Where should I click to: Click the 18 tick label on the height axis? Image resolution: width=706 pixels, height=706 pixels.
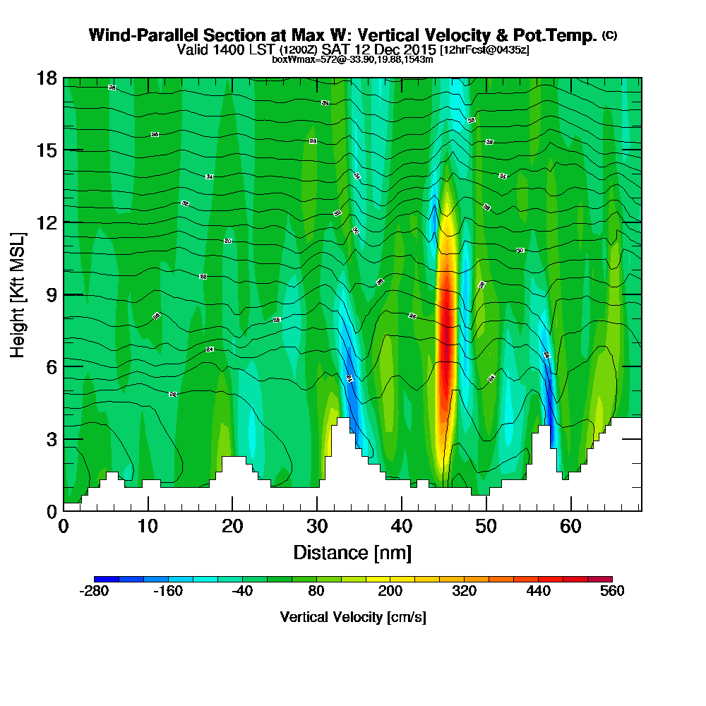coord(47,78)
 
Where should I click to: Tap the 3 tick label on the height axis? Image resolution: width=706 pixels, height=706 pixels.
coord(51,439)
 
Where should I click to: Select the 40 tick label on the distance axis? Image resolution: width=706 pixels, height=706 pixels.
coord(402,527)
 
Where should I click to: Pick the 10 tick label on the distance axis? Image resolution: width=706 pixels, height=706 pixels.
coord(148,527)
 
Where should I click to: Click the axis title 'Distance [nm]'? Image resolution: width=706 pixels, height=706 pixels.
coord(352,552)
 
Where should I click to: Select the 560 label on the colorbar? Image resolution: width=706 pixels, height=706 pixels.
coord(612,592)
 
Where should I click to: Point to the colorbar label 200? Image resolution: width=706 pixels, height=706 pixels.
coord(390,592)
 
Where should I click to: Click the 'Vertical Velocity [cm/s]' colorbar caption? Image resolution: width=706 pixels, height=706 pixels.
coord(352,617)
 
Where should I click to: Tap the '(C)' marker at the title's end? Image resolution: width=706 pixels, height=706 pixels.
coord(609,35)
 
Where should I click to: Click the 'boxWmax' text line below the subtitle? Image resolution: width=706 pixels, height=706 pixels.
coord(352,59)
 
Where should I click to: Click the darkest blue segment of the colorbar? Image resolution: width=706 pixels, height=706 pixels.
coord(107,579)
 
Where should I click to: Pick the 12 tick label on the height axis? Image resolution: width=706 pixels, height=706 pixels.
coord(47,222)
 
